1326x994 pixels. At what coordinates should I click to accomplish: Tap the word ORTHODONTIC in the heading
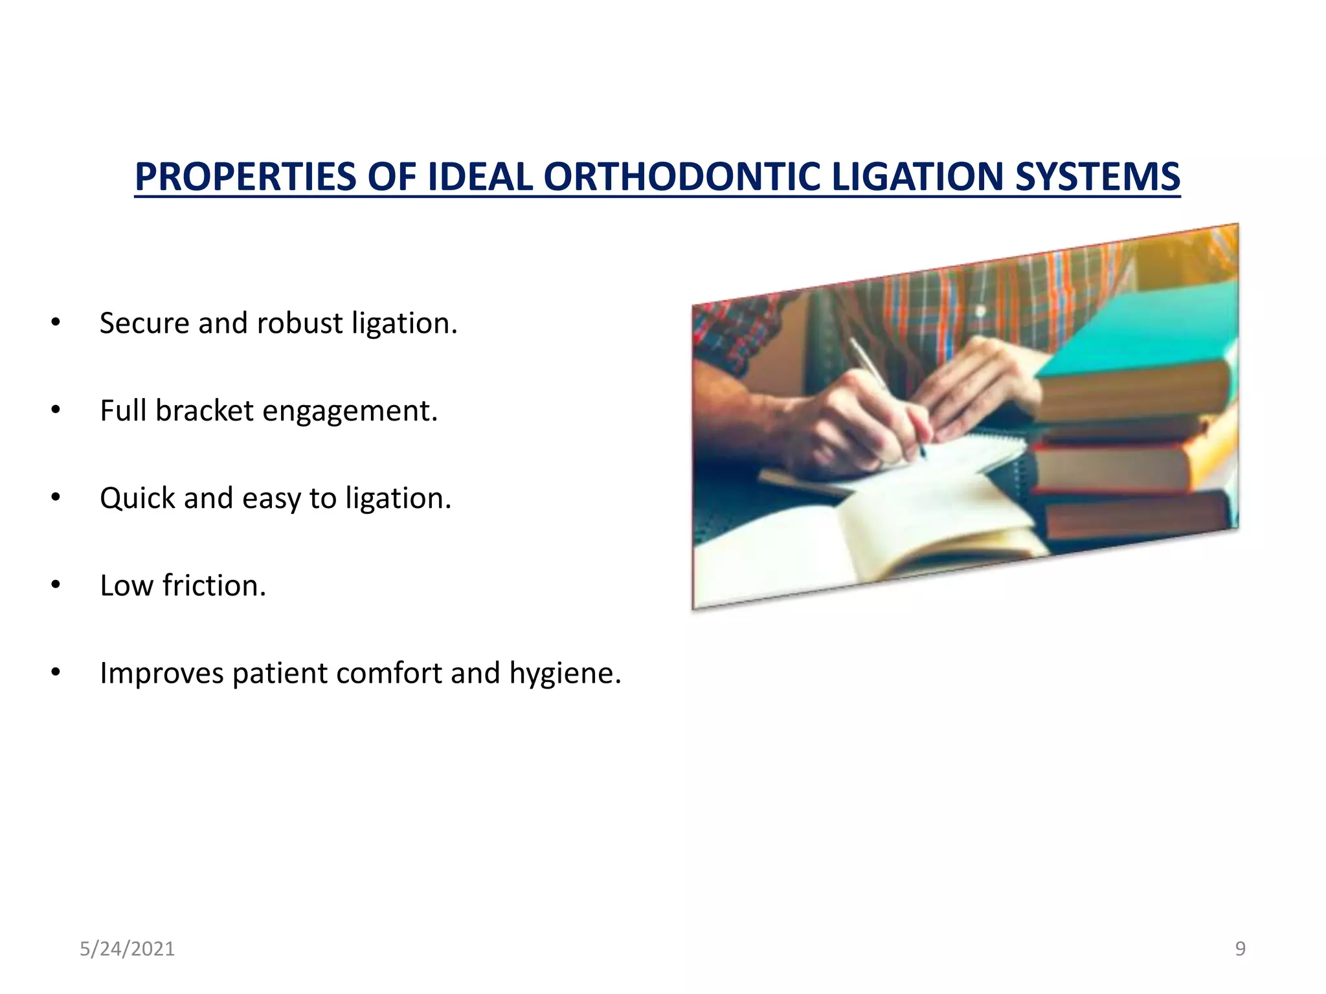681,177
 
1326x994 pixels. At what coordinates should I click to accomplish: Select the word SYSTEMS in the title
1097,177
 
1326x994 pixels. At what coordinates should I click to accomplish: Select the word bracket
204,410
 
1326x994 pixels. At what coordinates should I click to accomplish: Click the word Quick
137,498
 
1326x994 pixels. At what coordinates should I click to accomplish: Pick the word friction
214,585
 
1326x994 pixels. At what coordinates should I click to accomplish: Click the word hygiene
565,674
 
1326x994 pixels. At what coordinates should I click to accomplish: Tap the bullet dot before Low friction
56,585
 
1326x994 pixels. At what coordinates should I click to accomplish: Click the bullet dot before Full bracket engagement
56,410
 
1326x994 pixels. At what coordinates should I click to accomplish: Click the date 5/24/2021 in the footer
127,949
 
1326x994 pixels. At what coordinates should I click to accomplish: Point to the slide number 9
1240,949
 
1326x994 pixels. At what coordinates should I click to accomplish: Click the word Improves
161,673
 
